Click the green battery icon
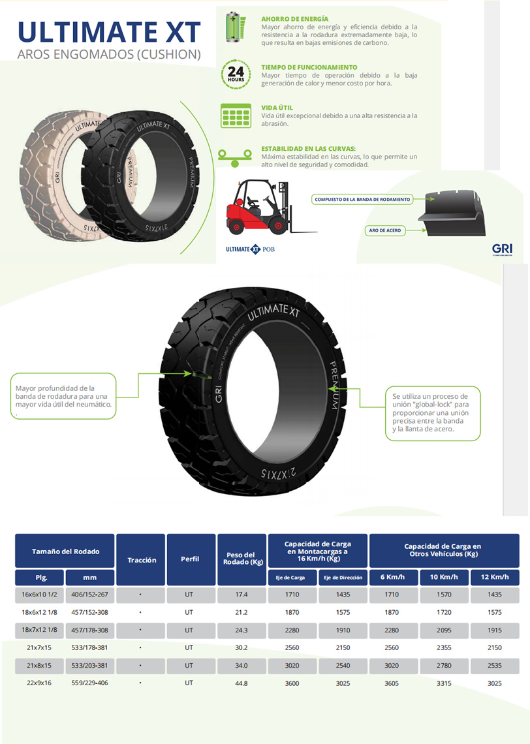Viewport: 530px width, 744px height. coord(236,27)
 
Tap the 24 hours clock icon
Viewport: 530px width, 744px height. coord(236,74)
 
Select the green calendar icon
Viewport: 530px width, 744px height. coord(236,116)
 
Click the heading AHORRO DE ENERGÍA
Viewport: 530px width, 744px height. coord(294,19)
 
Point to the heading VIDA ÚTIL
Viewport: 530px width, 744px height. coord(277,108)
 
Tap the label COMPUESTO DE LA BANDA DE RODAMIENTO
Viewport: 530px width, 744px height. coord(362,199)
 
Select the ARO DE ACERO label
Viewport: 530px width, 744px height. coord(385,230)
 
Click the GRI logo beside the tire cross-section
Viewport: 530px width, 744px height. coord(502,249)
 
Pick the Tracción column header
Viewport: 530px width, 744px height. coord(141,560)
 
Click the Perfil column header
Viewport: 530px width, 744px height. coord(191,559)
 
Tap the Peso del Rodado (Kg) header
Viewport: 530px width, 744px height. coord(242,559)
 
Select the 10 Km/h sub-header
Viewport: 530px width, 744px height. coord(444,577)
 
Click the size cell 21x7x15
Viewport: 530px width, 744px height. coord(39,647)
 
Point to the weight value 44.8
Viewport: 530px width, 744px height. coord(242,683)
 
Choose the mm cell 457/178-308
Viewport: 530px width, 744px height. coord(89,630)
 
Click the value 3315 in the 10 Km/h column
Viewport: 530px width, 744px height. coord(444,683)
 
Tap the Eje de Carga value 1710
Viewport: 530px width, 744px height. coord(292,594)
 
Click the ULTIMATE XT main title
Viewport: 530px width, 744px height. coord(108,32)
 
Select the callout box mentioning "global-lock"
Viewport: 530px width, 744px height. coord(433,413)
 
